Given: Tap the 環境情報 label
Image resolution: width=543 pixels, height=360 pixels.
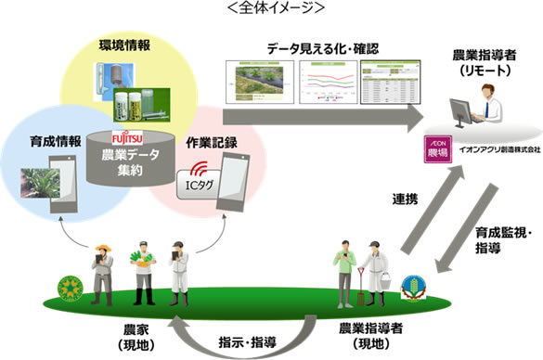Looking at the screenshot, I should click(125, 44).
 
